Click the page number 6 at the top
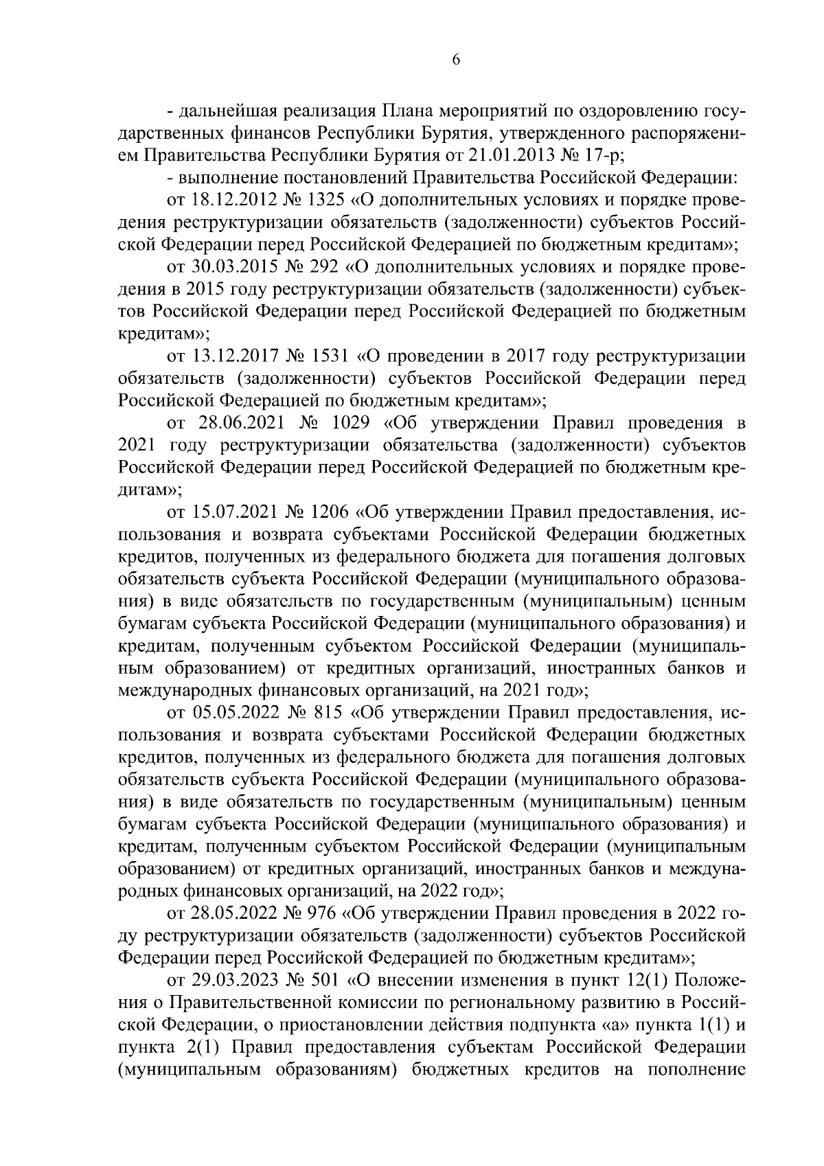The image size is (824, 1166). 456,60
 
